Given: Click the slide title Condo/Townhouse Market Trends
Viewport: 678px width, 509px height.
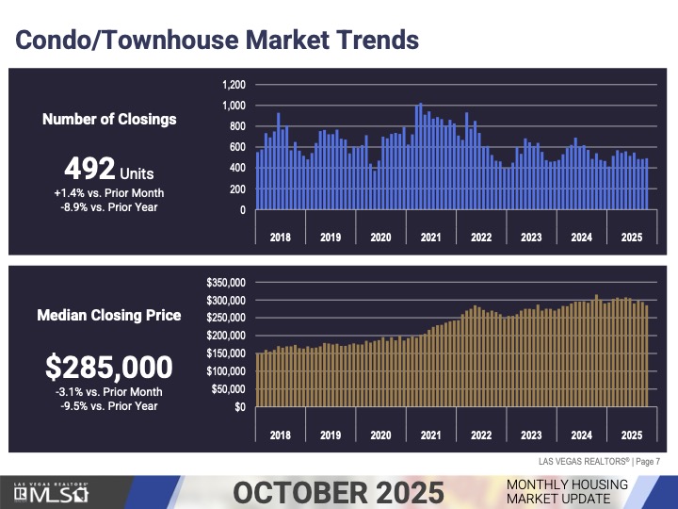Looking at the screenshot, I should pyautogui.click(x=217, y=41).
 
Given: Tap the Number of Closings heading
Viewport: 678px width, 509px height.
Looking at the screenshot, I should pyautogui.click(x=109, y=120).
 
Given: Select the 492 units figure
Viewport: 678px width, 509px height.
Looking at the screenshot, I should pyautogui.click(x=109, y=172).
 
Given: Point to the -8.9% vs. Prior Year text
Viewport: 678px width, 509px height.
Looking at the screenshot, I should pyautogui.click(x=109, y=207).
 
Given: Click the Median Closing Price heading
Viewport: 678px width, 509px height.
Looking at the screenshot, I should pyautogui.click(x=109, y=316).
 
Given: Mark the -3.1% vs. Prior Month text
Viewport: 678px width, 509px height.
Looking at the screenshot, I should pyautogui.click(x=109, y=392).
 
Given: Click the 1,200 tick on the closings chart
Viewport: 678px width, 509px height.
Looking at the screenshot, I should pyautogui.click(x=234, y=85).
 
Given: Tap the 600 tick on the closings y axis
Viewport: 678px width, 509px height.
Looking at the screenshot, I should pyautogui.click(x=236, y=147).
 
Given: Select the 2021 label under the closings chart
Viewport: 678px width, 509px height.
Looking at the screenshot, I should pyautogui.click(x=430, y=238).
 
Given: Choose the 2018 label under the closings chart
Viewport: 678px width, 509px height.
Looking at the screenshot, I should pyautogui.click(x=281, y=238).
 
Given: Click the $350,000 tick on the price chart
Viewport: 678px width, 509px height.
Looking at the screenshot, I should pyautogui.click(x=225, y=282).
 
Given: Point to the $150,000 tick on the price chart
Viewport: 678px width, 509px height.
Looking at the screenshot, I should pyautogui.click(x=225, y=353).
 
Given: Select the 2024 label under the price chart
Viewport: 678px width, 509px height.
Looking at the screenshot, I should pyautogui.click(x=581, y=435).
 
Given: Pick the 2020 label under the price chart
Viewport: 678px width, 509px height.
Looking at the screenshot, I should pyautogui.click(x=380, y=435).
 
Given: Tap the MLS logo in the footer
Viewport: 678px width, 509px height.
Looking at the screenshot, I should pyautogui.click(x=52, y=493).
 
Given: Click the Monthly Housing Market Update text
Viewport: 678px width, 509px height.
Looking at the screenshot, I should pyautogui.click(x=565, y=490).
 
